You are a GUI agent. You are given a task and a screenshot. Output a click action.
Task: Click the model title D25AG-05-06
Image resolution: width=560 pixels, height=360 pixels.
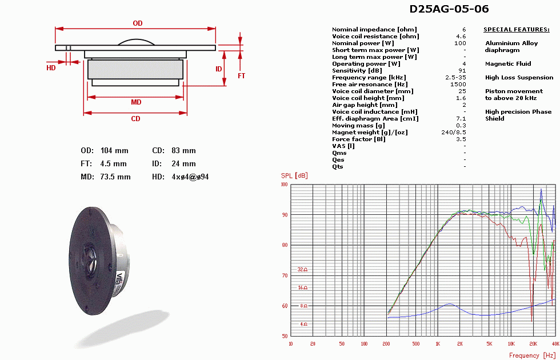point(449,9)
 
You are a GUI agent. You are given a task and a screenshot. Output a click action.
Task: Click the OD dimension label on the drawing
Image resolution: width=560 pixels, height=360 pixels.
point(138,23)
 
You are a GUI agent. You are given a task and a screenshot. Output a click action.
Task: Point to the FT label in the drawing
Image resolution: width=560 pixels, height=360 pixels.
point(241,75)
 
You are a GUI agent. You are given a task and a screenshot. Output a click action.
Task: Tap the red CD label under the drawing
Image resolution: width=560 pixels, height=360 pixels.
point(136,119)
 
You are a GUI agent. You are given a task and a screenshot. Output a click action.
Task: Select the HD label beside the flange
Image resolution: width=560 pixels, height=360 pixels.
point(51,68)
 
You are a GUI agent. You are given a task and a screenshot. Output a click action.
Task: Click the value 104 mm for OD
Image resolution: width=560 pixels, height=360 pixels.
point(114,151)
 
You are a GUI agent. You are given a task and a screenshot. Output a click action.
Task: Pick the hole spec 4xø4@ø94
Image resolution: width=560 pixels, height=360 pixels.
point(190,177)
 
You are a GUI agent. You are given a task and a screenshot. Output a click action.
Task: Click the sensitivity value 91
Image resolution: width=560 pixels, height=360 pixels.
point(462,71)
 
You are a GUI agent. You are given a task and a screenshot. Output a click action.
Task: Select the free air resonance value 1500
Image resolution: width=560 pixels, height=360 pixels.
point(458,85)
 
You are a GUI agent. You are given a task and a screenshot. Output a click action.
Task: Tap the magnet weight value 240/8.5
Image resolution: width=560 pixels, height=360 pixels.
point(454,132)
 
